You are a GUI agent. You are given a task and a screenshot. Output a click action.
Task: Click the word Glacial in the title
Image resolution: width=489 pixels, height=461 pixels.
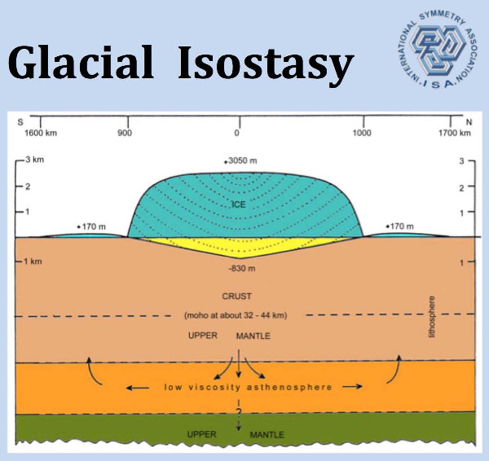click(x=81, y=63)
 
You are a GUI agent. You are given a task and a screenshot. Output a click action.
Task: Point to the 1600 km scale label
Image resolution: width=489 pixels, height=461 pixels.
click(x=41, y=133)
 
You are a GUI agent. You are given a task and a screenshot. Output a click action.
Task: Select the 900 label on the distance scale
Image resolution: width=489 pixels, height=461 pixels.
click(x=125, y=133)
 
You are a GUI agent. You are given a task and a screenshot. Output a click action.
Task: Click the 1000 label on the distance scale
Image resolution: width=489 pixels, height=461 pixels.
click(x=362, y=133)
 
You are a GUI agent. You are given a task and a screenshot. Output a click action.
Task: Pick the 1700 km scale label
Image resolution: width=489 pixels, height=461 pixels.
click(x=455, y=133)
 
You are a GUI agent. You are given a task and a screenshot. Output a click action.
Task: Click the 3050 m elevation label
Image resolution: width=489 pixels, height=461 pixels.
click(x=240, y=160)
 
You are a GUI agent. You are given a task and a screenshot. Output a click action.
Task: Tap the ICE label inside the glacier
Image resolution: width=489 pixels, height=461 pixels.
click(x=239, y=204)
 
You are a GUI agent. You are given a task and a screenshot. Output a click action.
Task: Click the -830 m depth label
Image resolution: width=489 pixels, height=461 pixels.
click(x=242, y=268)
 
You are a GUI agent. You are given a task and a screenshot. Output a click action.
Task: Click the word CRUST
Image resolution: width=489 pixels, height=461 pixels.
click(x=236, y=296)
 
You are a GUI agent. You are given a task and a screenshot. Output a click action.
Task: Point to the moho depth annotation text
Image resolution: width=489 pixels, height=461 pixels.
click(x=236, y=315)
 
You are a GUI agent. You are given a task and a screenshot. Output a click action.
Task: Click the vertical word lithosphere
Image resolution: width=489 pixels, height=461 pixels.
click(x=432, y=317)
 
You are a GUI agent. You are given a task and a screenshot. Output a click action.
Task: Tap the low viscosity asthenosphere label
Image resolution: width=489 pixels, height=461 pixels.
click(x=248, y=387)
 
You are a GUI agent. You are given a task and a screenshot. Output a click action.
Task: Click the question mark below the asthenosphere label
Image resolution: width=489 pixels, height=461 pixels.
click(x=239, y=412)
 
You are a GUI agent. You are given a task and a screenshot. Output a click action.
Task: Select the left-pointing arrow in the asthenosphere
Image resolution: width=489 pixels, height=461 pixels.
click(x=138, y=388)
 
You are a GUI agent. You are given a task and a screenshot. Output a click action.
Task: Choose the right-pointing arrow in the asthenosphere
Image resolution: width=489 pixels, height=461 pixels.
click(x=352, y=387)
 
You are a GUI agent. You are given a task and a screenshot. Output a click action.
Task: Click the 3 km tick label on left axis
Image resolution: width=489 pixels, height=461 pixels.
click(x=34, y=160)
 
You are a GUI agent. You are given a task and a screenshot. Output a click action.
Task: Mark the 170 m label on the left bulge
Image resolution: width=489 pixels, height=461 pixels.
click(x=91, y=226)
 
